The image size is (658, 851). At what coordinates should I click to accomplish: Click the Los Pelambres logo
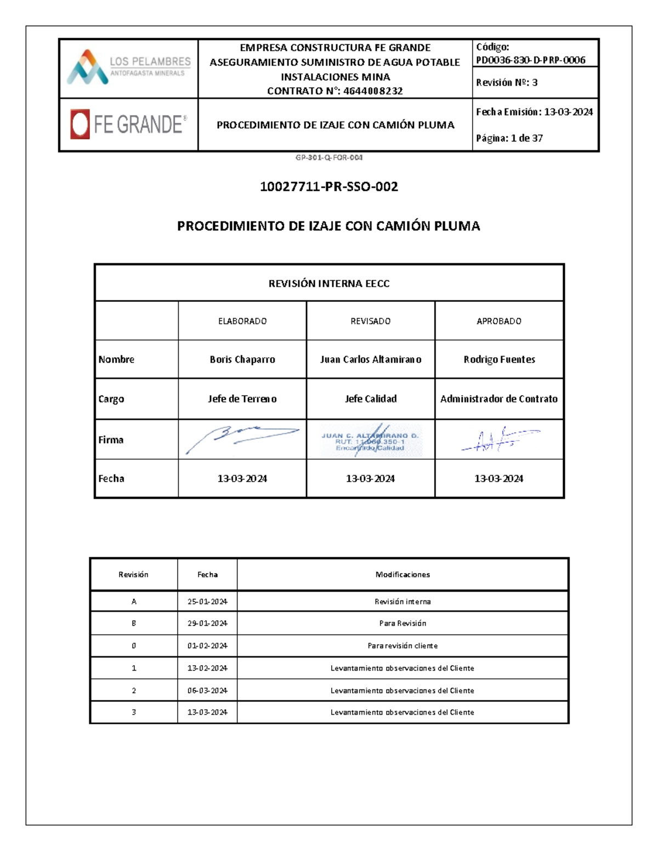tap(128, 67)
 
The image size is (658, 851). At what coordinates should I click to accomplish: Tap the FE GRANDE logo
tap(128, 124)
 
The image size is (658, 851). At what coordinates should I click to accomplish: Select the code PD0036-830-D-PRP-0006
tap(530, 60)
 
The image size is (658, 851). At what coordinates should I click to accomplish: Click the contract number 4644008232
tap(373, 91)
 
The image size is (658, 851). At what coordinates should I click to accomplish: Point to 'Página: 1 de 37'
tap(509, 138)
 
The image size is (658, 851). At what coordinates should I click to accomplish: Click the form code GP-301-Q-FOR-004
tap(329, 157)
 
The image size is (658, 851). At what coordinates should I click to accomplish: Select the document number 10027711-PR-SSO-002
tap(329, 187)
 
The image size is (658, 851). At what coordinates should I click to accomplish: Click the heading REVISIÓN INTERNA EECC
tap(329, 283)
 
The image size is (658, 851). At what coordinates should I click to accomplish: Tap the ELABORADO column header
tap(242, 321)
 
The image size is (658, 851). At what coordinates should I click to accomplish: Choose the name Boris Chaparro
tap(242, 359)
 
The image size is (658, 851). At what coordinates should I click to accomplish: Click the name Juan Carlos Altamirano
tap(371, 359)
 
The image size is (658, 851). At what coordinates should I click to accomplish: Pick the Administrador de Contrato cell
tap(499, 399)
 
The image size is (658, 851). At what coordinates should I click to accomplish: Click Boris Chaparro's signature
tap(242, 439)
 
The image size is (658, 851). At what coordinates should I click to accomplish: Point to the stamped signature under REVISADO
tap(371, 439)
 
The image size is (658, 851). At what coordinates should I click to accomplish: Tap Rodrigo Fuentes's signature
tap(499, 440)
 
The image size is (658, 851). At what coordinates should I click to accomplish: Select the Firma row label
tap(111, 439)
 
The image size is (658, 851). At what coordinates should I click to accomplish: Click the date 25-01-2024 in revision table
tap(207, 601)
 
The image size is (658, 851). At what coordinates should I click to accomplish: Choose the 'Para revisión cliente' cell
tap(402, 646)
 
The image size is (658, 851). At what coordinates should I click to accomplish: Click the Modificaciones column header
tap(402, 574)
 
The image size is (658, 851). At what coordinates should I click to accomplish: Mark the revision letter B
tap(134, 623)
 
